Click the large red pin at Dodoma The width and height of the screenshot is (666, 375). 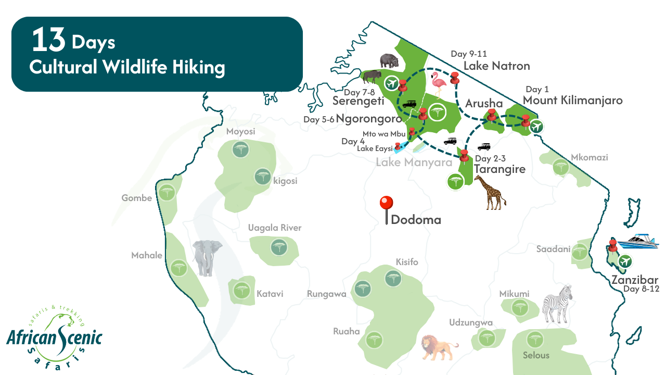[x=386, y=203]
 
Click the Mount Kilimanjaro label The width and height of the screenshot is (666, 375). [x=572, y=100]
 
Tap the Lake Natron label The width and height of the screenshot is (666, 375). [x=496, y=66]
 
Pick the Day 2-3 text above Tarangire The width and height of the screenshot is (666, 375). [x=490, y=159]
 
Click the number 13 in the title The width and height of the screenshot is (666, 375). [x=48, y=41]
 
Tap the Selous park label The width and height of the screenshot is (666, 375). [x=536, y=355]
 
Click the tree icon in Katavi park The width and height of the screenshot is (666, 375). [x=240, y=290]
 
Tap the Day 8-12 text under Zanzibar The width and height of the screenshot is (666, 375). [x=641, y=289]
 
